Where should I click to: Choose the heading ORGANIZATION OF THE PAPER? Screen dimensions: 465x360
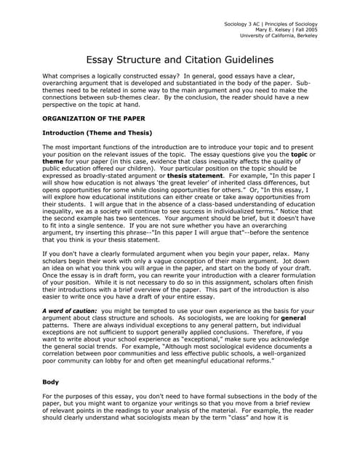click(94, 118)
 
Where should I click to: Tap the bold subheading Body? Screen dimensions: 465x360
click(52, 381)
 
